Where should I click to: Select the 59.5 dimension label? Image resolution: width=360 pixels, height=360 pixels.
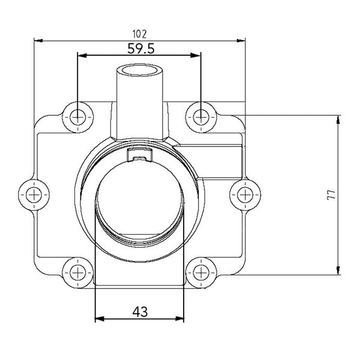coord(139,47)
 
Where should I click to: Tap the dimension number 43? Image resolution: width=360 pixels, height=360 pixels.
coord(139,311)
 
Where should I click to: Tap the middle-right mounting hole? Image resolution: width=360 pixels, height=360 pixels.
coord(243,194)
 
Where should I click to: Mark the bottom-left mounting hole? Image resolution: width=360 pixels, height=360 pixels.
coord(78,274)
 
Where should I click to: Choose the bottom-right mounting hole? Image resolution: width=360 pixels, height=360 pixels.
coord(200,274)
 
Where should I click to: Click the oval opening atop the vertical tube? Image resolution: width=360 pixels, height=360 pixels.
coord(139,71)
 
